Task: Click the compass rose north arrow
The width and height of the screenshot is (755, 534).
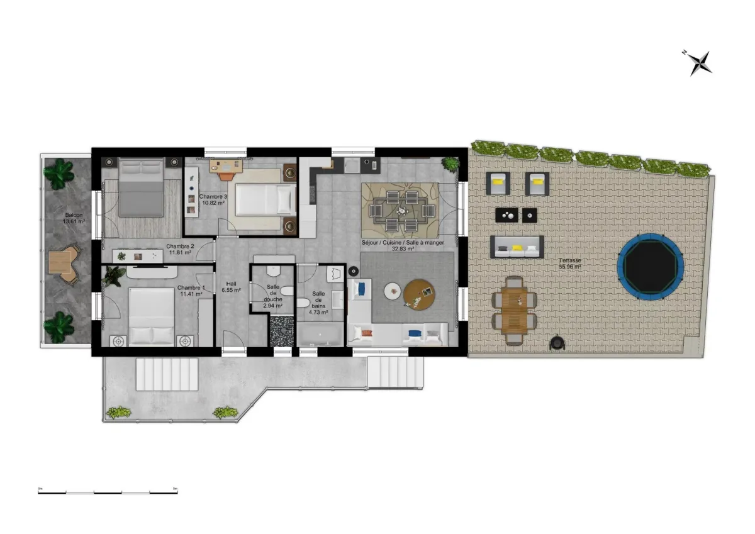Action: click(x=699, y=62)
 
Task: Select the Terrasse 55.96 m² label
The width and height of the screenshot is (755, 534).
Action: click(x=569, y=264)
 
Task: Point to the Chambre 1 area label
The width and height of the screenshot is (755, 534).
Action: click(x=190, y=291)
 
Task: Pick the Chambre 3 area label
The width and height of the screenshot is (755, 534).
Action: click(x=213, y=200)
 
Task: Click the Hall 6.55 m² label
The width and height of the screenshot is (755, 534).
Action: click(x=232, y=287)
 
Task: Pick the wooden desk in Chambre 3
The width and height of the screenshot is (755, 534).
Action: click(x=225, y=165)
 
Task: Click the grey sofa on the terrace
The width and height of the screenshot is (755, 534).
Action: click(x=517, y=247)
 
